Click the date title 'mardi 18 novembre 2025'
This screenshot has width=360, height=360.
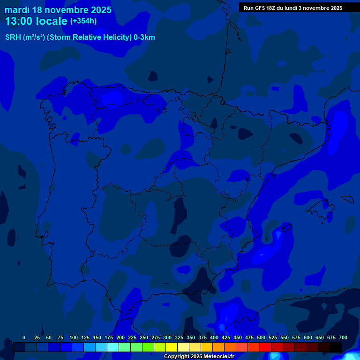[58, 10]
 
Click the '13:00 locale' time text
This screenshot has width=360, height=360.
[36, 21]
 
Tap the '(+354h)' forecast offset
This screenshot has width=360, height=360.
[83, 21]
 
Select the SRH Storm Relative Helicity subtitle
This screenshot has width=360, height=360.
[80, 37]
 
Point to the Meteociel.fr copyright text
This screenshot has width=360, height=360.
[199, 357]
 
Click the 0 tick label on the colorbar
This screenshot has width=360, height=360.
[24, 337]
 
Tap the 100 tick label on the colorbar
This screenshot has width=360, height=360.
[74, 337]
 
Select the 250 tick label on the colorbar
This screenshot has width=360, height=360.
[144, 337]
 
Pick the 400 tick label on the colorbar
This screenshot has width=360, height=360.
[214, 337]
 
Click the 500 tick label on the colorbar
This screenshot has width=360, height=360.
[261, 337]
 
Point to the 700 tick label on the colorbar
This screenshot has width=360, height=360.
[343, 337]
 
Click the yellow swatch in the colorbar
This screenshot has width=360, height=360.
[172, 347]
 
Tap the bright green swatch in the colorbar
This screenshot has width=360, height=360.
[137, 347]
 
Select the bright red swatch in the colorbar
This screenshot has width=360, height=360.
[266, 347]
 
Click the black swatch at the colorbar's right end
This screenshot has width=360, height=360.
[336, 347]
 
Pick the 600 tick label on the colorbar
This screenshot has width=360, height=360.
[308, 337]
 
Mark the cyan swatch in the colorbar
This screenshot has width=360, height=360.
[113, 347]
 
